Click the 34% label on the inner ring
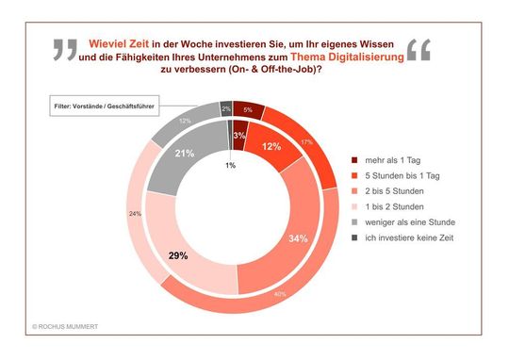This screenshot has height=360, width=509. pos(299,238)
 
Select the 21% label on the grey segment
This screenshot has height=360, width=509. pos(185,154)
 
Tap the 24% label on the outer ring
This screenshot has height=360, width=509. pos(135,213)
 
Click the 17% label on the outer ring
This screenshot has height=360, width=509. pos(307,142)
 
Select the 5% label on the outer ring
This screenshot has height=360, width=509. pos(247,111)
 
